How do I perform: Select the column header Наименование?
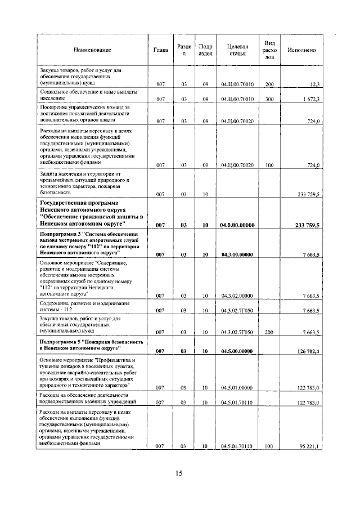pos(92,50)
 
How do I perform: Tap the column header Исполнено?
pos(301,50)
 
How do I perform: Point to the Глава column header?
pos(161,50)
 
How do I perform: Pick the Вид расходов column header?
pos(269,50)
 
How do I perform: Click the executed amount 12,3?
pos(314,84)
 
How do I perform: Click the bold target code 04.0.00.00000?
pos(237,225)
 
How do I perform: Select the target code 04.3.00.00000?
pos(237,254)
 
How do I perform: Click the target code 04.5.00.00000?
pos(237,352)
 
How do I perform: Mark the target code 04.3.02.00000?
pos(237,296)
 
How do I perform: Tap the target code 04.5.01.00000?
pos(237,387)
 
